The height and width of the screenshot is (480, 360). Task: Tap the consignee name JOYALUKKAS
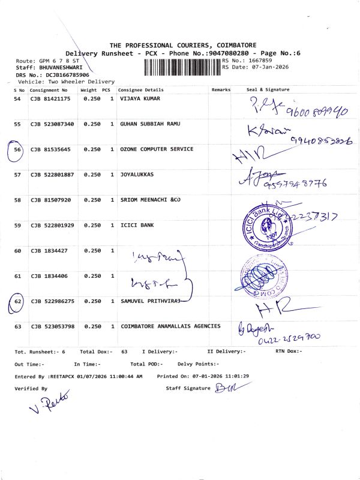(137, 175)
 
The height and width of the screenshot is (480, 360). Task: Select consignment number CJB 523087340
(52, 124)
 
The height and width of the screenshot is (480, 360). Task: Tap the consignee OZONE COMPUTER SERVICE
(157, 149)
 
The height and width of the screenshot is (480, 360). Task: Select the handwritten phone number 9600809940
(310, 110)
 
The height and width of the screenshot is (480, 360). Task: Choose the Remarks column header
(221, 90)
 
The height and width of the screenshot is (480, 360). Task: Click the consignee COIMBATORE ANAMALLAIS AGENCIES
(170, 326)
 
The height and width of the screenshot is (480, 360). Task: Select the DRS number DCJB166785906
(61, 75)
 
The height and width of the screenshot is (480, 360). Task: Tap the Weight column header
(88, 90)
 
